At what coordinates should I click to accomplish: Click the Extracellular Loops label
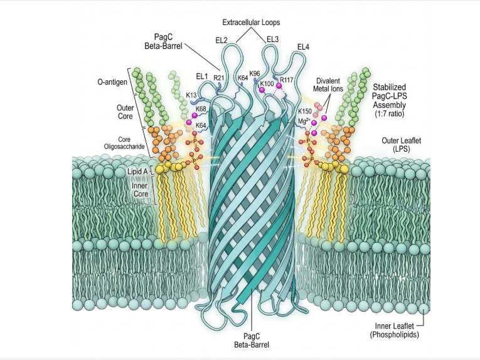(251, 23)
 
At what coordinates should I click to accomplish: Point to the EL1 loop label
(202, 76)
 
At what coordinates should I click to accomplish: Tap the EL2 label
(221, 40)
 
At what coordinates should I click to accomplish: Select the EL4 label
(303, 47)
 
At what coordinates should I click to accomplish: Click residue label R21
(218, 78)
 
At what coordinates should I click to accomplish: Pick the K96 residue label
(255, 74)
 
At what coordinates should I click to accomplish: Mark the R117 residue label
(287, 80)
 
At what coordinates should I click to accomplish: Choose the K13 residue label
(191, 95)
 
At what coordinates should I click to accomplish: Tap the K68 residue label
(201, 109)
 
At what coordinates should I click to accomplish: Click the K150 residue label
(305, 112)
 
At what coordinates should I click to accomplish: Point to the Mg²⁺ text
(304, 121)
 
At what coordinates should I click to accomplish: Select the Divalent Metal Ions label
(328, 85)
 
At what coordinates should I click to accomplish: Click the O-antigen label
(112, 82)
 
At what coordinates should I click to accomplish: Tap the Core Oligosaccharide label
(124, 143)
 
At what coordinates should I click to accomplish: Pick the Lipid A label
(137, 172)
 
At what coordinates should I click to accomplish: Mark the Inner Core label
(140, 189)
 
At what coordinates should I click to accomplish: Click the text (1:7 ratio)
(390, 114)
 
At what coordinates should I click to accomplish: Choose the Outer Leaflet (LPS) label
(402, 145)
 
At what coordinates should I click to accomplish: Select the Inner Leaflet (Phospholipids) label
(394, 331)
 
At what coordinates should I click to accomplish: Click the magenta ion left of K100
(262, 90)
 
